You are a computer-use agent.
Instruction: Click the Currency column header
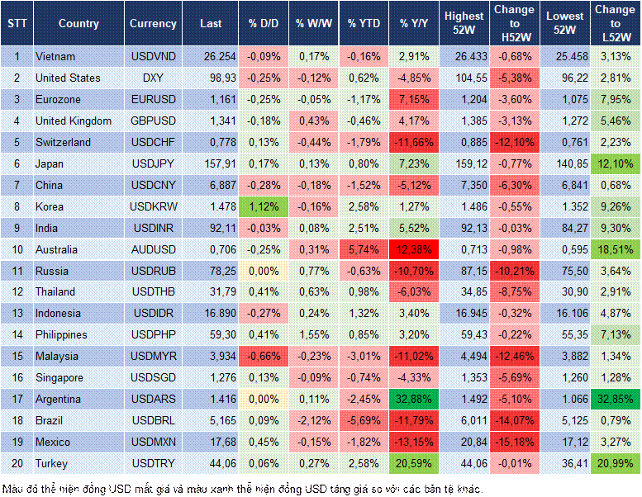click(x=153, y=24)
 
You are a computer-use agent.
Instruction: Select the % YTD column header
click(x=364, y=24)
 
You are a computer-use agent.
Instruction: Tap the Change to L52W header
click(x=615, y=23)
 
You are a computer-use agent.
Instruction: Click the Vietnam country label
click(x=55, y=56)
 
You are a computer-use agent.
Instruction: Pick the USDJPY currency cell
click(x=153, y=163)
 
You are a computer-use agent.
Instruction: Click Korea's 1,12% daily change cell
click(x=263, y=206)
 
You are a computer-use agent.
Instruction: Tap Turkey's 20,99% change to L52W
click(x=615, y=463)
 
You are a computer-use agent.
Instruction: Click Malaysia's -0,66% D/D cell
click(x=263, y=356)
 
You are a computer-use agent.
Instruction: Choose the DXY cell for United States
click(x=153, y=78)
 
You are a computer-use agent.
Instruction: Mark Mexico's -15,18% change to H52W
click(x=514, y=442)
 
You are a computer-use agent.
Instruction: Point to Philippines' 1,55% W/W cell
click(x=313, y=335)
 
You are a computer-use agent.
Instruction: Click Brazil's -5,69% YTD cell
click(x=364, y=420)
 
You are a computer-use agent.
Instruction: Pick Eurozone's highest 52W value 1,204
click(x=464, y=99)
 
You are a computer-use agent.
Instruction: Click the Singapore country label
click(x=60, y=377)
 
